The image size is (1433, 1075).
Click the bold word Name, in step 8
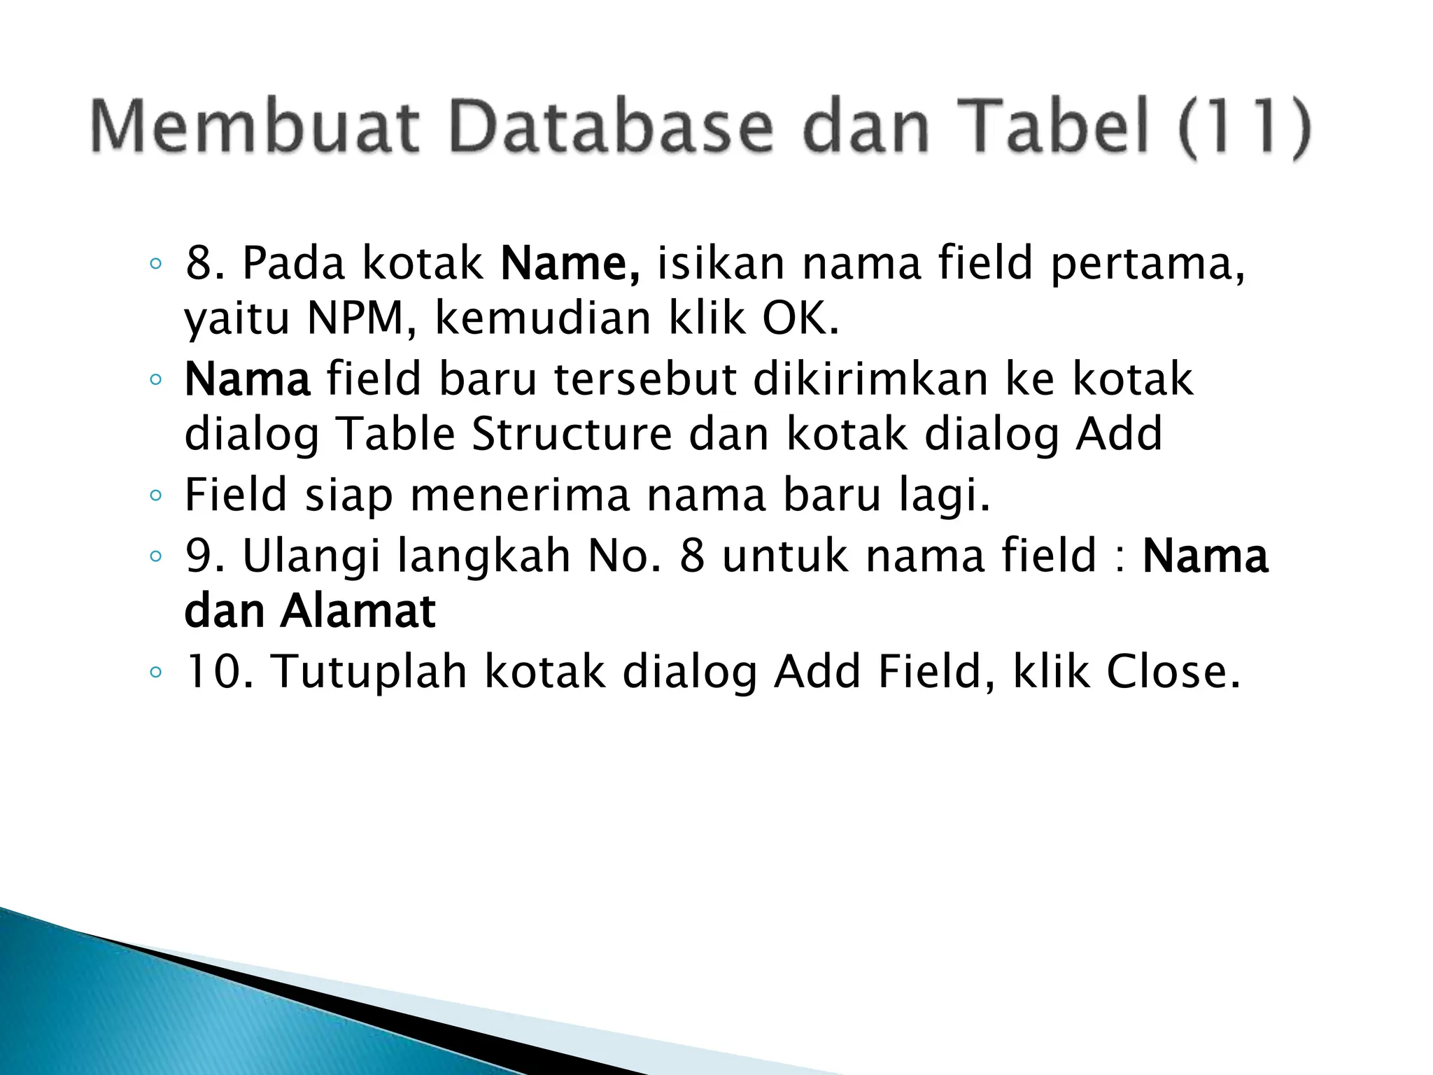[570, 265]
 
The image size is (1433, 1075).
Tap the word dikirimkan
[870, 379]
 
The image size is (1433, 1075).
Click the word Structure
[572, 434]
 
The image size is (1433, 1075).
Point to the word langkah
[484, 556]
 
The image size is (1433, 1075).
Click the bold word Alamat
[358, 611]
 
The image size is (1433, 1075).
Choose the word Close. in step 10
[1173, 672]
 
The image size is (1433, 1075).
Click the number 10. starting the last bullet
[218, 672]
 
